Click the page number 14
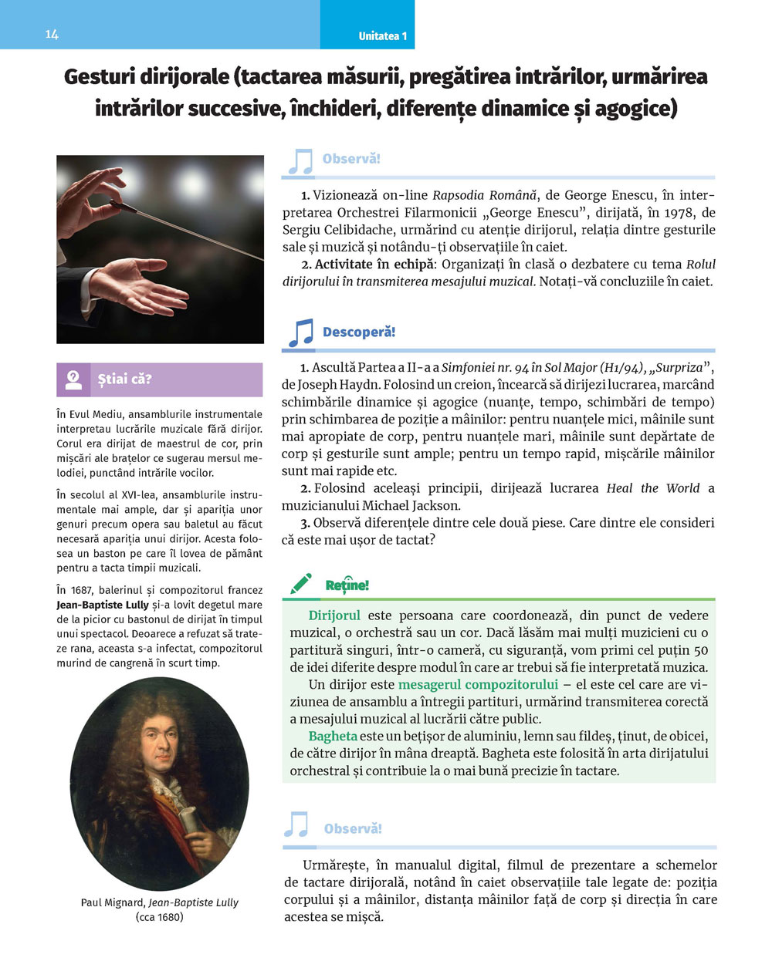click(52, 35)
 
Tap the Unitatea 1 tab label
click(382, 36)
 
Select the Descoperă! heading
click(358, 332)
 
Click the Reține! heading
click(347, 585)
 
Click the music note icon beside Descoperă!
click(300, 333)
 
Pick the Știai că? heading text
click(125, 379)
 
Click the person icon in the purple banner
click(74, 379)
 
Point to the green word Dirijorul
click(334, 615)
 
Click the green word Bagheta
click(333, 736)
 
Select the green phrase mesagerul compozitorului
click(478, 684)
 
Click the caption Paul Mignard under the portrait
click(112, 902)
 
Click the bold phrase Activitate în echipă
click(374, 265)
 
